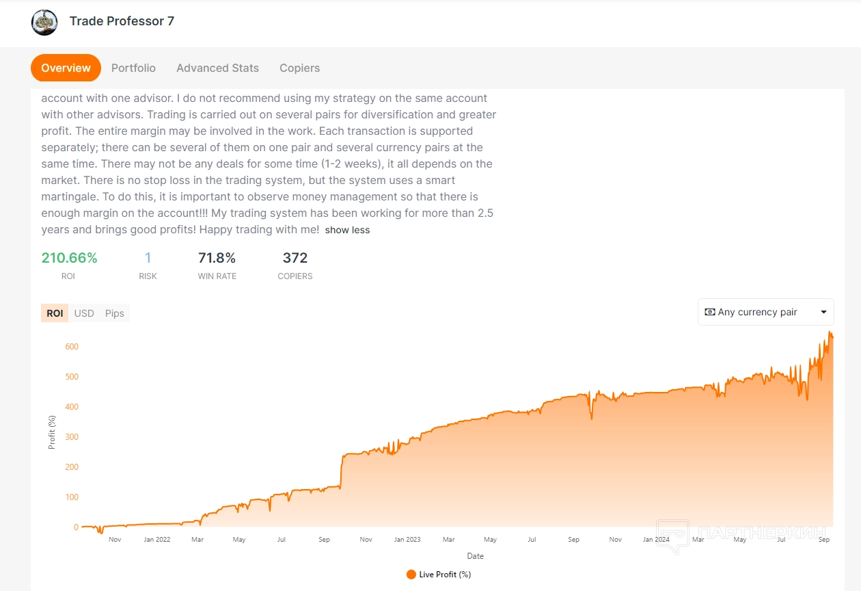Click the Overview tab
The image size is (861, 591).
tap(66, 68)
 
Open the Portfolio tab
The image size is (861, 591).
tap(133, 68)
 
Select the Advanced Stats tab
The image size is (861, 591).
tap(217, 68)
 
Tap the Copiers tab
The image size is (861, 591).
tap(299, 68)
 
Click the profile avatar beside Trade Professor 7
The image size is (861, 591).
tap(44, 22)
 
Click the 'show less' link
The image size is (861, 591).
tap(347, 231)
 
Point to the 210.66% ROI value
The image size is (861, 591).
tap(69, 258)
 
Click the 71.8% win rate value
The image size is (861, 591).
tap(217, 258)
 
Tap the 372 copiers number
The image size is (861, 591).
tap(295, 258)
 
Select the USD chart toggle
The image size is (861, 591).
tap(84, 313)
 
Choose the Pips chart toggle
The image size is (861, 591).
tap(115, 313)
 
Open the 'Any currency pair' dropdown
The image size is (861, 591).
tap(765, 312)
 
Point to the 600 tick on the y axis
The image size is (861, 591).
tap(72, 347)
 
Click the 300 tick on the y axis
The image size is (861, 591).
tap(72, 437)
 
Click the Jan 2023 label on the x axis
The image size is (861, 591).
tap(407, 540)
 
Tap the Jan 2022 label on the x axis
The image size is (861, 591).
tap(157, 540)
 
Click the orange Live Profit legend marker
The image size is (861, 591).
tap(411, 575)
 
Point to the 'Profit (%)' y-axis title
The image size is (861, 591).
tap(52, 432)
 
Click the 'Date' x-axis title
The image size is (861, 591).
tap(475, 556)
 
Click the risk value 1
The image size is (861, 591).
tap(148, 258)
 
